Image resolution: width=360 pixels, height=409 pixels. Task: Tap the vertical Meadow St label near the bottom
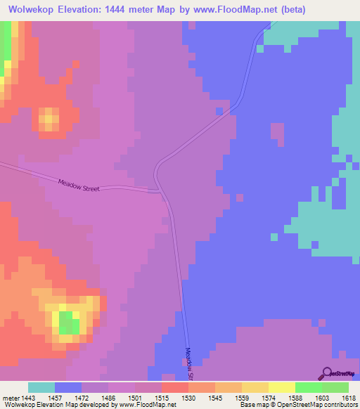click(189, 363)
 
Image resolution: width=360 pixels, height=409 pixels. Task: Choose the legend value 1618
click(349, 398)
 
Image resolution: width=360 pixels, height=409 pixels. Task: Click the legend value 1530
click(188, 398)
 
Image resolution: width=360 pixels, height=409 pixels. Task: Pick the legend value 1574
click(268, 398)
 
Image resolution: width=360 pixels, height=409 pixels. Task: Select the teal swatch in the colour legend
click(41, 387)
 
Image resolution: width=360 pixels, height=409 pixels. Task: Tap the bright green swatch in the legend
click(308, 387)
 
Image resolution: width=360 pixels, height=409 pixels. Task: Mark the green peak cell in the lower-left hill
click(68, 323)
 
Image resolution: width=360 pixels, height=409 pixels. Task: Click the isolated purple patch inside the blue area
click(277, 134)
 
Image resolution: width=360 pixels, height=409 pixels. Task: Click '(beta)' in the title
click(288, 10)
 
